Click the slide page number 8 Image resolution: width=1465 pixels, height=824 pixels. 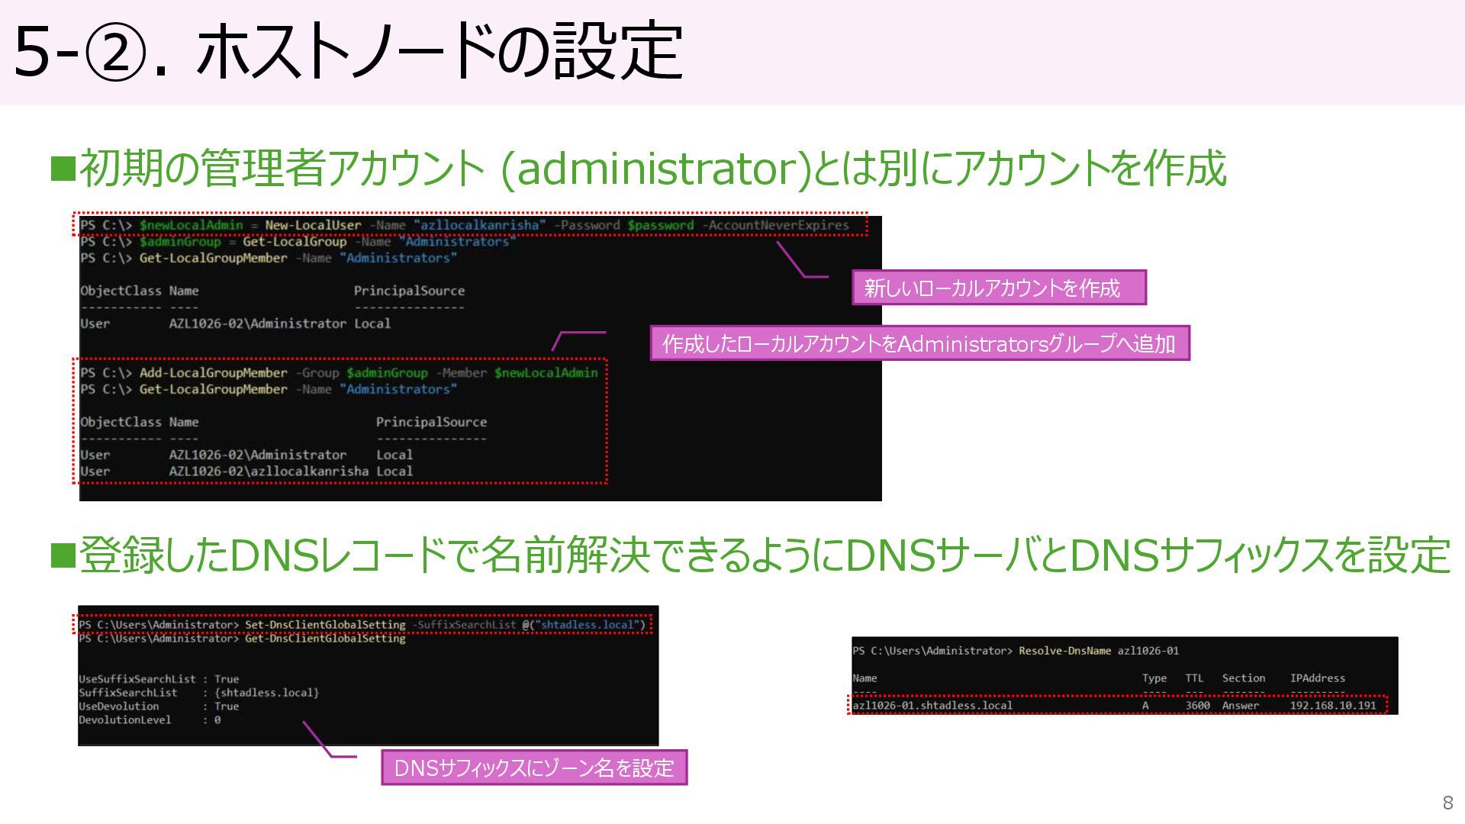pos(1447,803)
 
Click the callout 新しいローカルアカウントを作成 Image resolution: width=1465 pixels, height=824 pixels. pos(998,288)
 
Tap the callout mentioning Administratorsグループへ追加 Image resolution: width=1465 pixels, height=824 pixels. pos(919,343)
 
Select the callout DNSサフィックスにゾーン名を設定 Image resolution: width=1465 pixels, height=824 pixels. pos(533,768)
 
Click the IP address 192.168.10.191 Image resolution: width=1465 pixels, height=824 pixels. pos(1332,706)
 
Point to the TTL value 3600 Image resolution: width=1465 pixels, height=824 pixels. pos(1197,706)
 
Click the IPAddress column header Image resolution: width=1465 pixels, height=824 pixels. pos(1317,678)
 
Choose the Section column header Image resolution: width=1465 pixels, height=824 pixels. pos(1243,678)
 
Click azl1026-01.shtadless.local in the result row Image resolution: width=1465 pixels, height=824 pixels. pos(932,706)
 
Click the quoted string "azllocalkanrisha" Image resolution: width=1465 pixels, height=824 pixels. pos(480,225)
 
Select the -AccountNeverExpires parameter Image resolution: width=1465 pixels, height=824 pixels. pos(775,225)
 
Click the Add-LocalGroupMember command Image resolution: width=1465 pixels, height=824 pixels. pos(213,373)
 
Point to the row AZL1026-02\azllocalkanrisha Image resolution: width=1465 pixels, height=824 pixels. pos(269,472)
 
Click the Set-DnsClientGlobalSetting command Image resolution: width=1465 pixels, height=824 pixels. pos(325,625)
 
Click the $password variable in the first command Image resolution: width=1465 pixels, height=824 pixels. pos(660,225)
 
